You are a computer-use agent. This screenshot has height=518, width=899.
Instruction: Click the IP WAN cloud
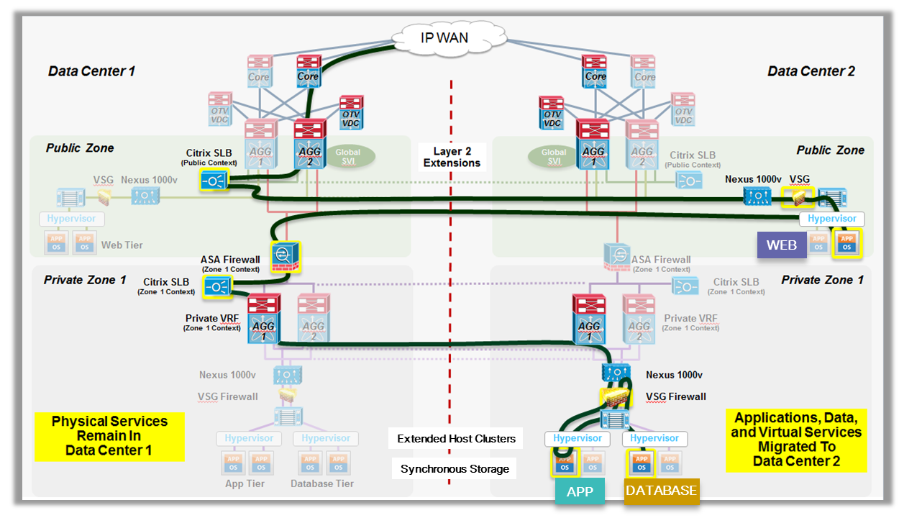[x=444, y=37]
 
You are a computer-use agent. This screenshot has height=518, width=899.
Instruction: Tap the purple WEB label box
[x=781, y=245]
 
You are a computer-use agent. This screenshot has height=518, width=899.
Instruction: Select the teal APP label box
[x=580, y=492]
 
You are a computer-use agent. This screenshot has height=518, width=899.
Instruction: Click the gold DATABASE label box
[x=661, y=491]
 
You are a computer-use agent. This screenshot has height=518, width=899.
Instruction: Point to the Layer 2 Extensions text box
[x=452, y=157]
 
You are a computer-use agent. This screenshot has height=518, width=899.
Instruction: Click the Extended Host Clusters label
[x=456, y=438]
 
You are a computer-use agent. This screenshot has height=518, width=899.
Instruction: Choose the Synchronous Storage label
[x=455, y=469]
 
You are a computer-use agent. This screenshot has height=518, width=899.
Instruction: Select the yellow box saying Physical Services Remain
[x=109, y=436]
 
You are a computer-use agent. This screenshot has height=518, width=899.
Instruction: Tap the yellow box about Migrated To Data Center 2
[x=796, y=440]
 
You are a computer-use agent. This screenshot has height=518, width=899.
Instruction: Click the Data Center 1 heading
[x=91, y=71]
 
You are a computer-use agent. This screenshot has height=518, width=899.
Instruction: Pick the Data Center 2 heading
[x=811, y=71]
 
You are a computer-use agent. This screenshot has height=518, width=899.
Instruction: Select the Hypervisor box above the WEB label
[x=832, y=219]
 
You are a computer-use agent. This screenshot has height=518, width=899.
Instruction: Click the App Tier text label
[x=245, y=483]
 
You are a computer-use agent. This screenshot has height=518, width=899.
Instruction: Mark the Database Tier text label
[x=322, y=483]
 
